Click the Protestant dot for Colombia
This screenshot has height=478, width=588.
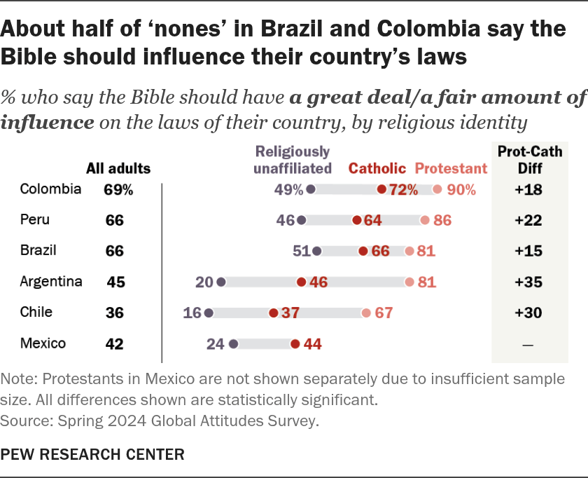pyautogui.click(x=437, y=189)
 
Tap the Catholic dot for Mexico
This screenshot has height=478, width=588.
pyautogui.click(x=295, y=344)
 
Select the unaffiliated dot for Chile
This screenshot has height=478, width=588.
pyautogui.click(x=208, y=313)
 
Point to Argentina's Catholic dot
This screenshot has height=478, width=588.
pyautogui.click(x=301, y=282)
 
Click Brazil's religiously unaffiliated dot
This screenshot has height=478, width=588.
pyautogui.click(x=317, y=251)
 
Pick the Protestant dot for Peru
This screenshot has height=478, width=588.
pyautogui.click(x=425, y=220)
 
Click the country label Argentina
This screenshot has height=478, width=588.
pyautogui.click(x=51, y=282)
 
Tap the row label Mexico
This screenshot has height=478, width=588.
pyautogui.click(x=43, y=343)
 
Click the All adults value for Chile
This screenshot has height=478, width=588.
pyautogui.click(x=115, y=313)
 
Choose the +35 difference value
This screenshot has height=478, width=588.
pyautogui.click(x=529, y=282)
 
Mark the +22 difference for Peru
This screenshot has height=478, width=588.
pyautogui.click(x=529, y=220)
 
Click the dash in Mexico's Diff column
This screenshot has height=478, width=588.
pyautogui.click(x=528, y=345)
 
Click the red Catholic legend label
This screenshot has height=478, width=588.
pyautogui.click(x=377, y=168)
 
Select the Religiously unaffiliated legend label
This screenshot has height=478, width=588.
pyautogui.click(x=293, y=160)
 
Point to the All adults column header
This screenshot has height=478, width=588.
pyautogui.click(x=118, y=168)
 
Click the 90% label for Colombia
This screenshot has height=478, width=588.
pyautogui.click(x=461, y=190)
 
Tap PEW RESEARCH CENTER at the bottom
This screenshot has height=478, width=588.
pyautogui.click(x=93, y=454)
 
